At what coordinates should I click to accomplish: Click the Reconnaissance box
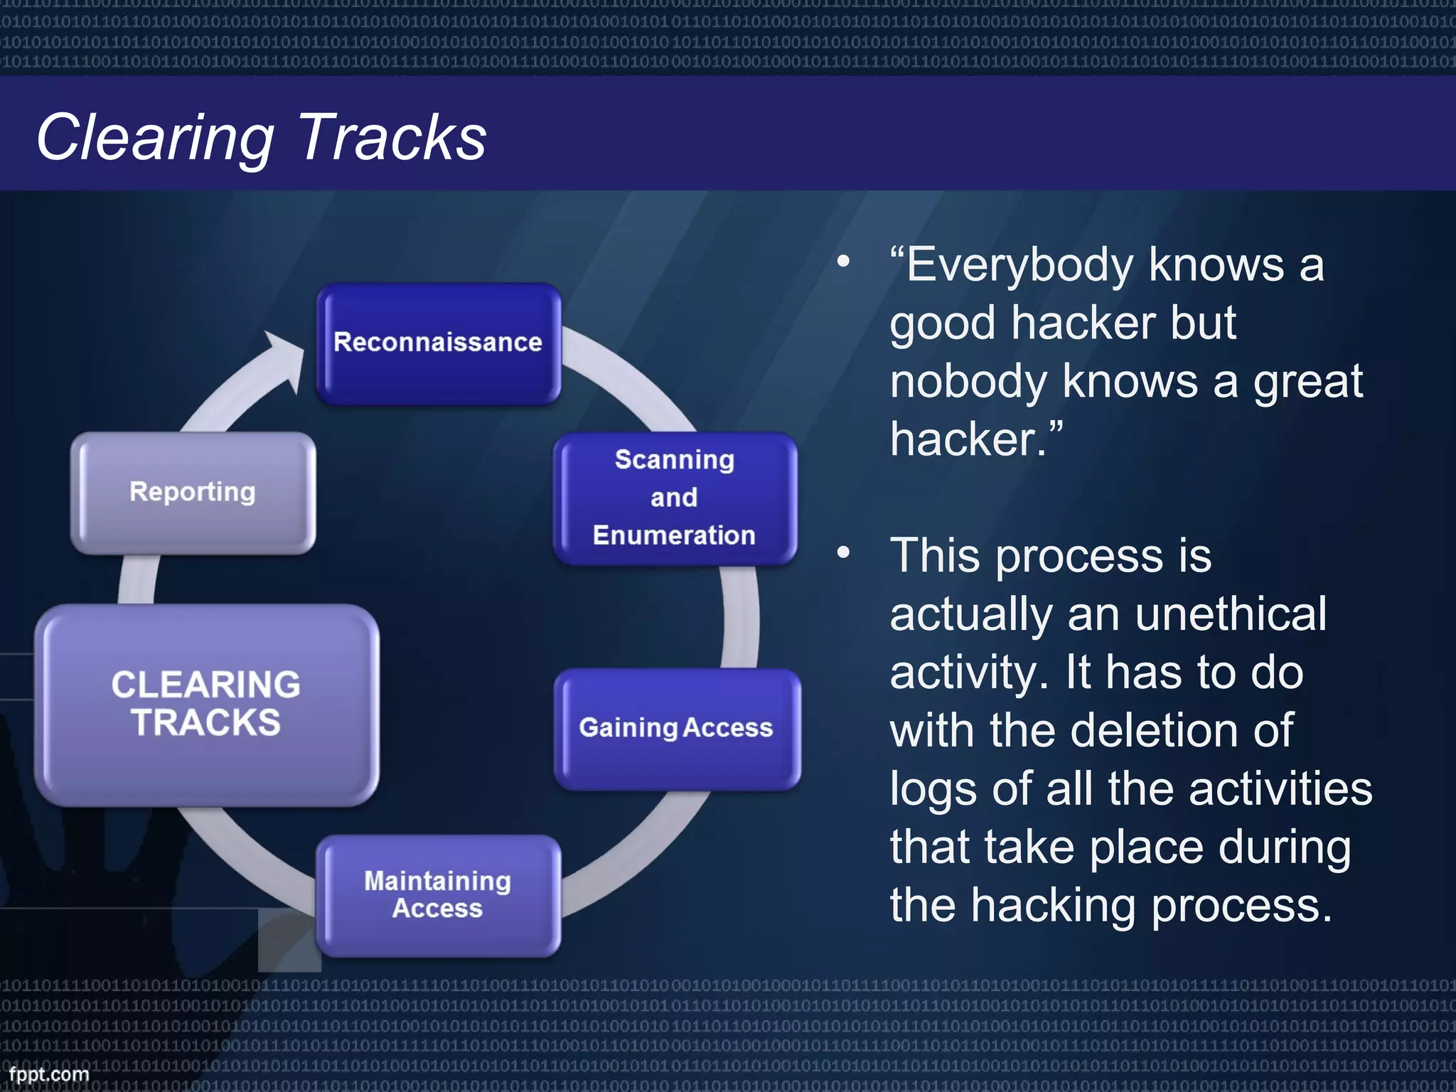tap(438, 344)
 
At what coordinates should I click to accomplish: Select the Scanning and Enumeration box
tap(675, 498)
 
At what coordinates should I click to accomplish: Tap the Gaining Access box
tap(676, 729)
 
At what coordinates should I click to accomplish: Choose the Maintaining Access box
tap(438, 895)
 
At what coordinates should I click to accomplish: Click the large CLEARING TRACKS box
tap(206, 705)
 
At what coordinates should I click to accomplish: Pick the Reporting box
tap(193, 492)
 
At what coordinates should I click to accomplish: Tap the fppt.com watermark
tap(49, 1074)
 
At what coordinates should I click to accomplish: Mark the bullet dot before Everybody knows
tap(843, 262)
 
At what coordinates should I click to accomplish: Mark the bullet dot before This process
tap(843, 552)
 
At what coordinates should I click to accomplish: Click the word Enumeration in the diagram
tap(674, 535)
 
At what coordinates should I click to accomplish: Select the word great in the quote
tap(1307, 382)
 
